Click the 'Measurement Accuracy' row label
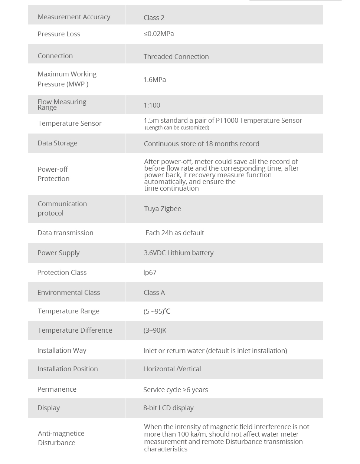click(74, 17)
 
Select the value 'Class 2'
click(154, 18)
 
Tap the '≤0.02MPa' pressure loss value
click(159, 34)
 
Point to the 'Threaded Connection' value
click(176, 57)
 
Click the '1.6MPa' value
click(154, 80)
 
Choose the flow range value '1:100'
click(152, 105)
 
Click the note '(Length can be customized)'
click(177, 128)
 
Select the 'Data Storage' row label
click(58, 143)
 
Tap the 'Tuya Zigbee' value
click(163, 209)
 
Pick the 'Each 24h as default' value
click(174, 233)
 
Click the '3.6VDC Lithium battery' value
click(179, 253)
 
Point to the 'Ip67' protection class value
click(150, 273)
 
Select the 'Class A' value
click(154, 293)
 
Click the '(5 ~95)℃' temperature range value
click(157, 312)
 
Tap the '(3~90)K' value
click(155, 330)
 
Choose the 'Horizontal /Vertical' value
click(172, 369)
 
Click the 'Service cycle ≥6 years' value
click(176, 390)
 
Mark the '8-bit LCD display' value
click(168, 408)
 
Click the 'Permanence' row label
click(57, 389)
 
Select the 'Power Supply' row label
click(59, 253)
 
